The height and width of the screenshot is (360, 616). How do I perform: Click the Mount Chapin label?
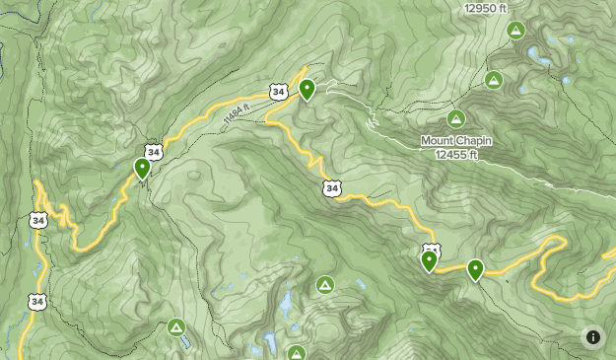[x=456, y=140]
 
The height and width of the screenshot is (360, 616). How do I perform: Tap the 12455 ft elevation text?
[x=456, y=154]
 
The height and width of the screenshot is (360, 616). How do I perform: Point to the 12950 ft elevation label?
[x=487, y=8]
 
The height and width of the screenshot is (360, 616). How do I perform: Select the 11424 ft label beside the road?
[x=232, y=114]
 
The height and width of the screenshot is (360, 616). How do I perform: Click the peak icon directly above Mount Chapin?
[x=455, y=118]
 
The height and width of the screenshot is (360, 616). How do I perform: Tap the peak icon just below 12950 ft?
[x=514, y=31]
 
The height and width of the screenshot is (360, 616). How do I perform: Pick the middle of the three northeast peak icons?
[x=493, y=80]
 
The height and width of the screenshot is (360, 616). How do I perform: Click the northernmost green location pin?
[x=308, y=90]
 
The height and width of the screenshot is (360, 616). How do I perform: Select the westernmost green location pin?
[x=143, y=168]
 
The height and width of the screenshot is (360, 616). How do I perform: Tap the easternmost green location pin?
[x=475, y=268]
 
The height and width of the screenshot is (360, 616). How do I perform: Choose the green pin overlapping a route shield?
[x=429, y=260]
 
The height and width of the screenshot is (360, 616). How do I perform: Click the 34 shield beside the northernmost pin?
[x=280, y=92]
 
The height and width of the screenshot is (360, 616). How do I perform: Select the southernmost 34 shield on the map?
[x=37, y=301]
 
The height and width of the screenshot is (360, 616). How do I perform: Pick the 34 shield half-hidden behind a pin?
[x=431, y=249]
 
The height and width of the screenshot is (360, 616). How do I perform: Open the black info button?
[x=592, y=336]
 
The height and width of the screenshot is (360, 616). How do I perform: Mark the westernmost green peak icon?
[x=176, y=326]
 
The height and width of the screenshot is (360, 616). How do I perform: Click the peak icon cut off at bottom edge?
[x=297, y=352]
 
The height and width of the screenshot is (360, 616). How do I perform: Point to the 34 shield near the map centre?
[x=331, y=187]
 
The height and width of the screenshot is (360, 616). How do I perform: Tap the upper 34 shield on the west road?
[x=37, y=219]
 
